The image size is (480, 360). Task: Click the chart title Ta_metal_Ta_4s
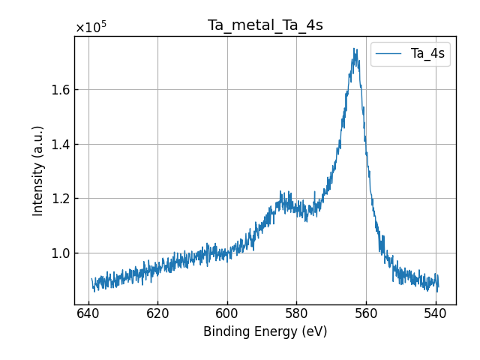click(x=265, y=25)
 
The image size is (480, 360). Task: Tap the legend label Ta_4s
click(x=427, y=53)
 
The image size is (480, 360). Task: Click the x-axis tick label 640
click(x=88, y=313)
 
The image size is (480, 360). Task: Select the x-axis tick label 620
click(x=157, y=313)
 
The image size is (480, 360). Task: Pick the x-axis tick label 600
click(x=227, y=313)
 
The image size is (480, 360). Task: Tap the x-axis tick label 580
click(x=296, y=313)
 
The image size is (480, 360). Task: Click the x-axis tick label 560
click(x=366, y=313)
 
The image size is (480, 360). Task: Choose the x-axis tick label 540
click(x=435, y=313)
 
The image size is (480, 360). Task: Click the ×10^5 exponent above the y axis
click(x=91, y=28)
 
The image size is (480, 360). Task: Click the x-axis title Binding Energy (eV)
click(x=265, y=331)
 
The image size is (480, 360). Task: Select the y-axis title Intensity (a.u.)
click(x=38, y=170)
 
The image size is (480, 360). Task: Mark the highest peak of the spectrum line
click(x=355, y=49)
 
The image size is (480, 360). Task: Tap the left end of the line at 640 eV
click(x=91, y=280)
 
